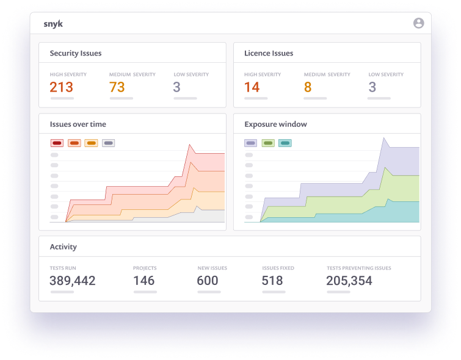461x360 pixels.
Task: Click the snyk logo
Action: (53, 24)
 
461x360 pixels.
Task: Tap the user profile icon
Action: (418, 23)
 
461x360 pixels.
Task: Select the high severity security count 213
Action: (62, 87)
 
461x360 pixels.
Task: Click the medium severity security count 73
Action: (117, 87)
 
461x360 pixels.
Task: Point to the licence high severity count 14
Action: (252, 87)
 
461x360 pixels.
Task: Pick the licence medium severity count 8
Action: (308, 87)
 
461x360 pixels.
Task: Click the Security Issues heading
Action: (76, 53)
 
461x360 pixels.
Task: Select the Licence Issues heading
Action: (269, 53)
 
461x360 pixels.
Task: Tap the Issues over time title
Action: (78, 124)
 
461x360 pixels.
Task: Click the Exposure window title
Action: (275, 124)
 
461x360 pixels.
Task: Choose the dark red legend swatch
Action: (57, 143)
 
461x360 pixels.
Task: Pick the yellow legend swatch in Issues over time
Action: (91, 143)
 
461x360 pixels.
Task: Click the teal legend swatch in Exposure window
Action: (285, 143)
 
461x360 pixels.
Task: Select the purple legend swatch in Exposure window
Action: (250, 143)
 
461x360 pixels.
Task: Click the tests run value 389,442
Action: (73, 281)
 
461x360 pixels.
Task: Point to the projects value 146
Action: (144, 281)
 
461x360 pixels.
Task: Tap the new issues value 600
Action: (208, 281)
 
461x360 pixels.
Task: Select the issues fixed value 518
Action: (272, 281)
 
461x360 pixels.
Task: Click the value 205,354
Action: (349, 281)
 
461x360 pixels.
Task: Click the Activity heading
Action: (64, 247)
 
